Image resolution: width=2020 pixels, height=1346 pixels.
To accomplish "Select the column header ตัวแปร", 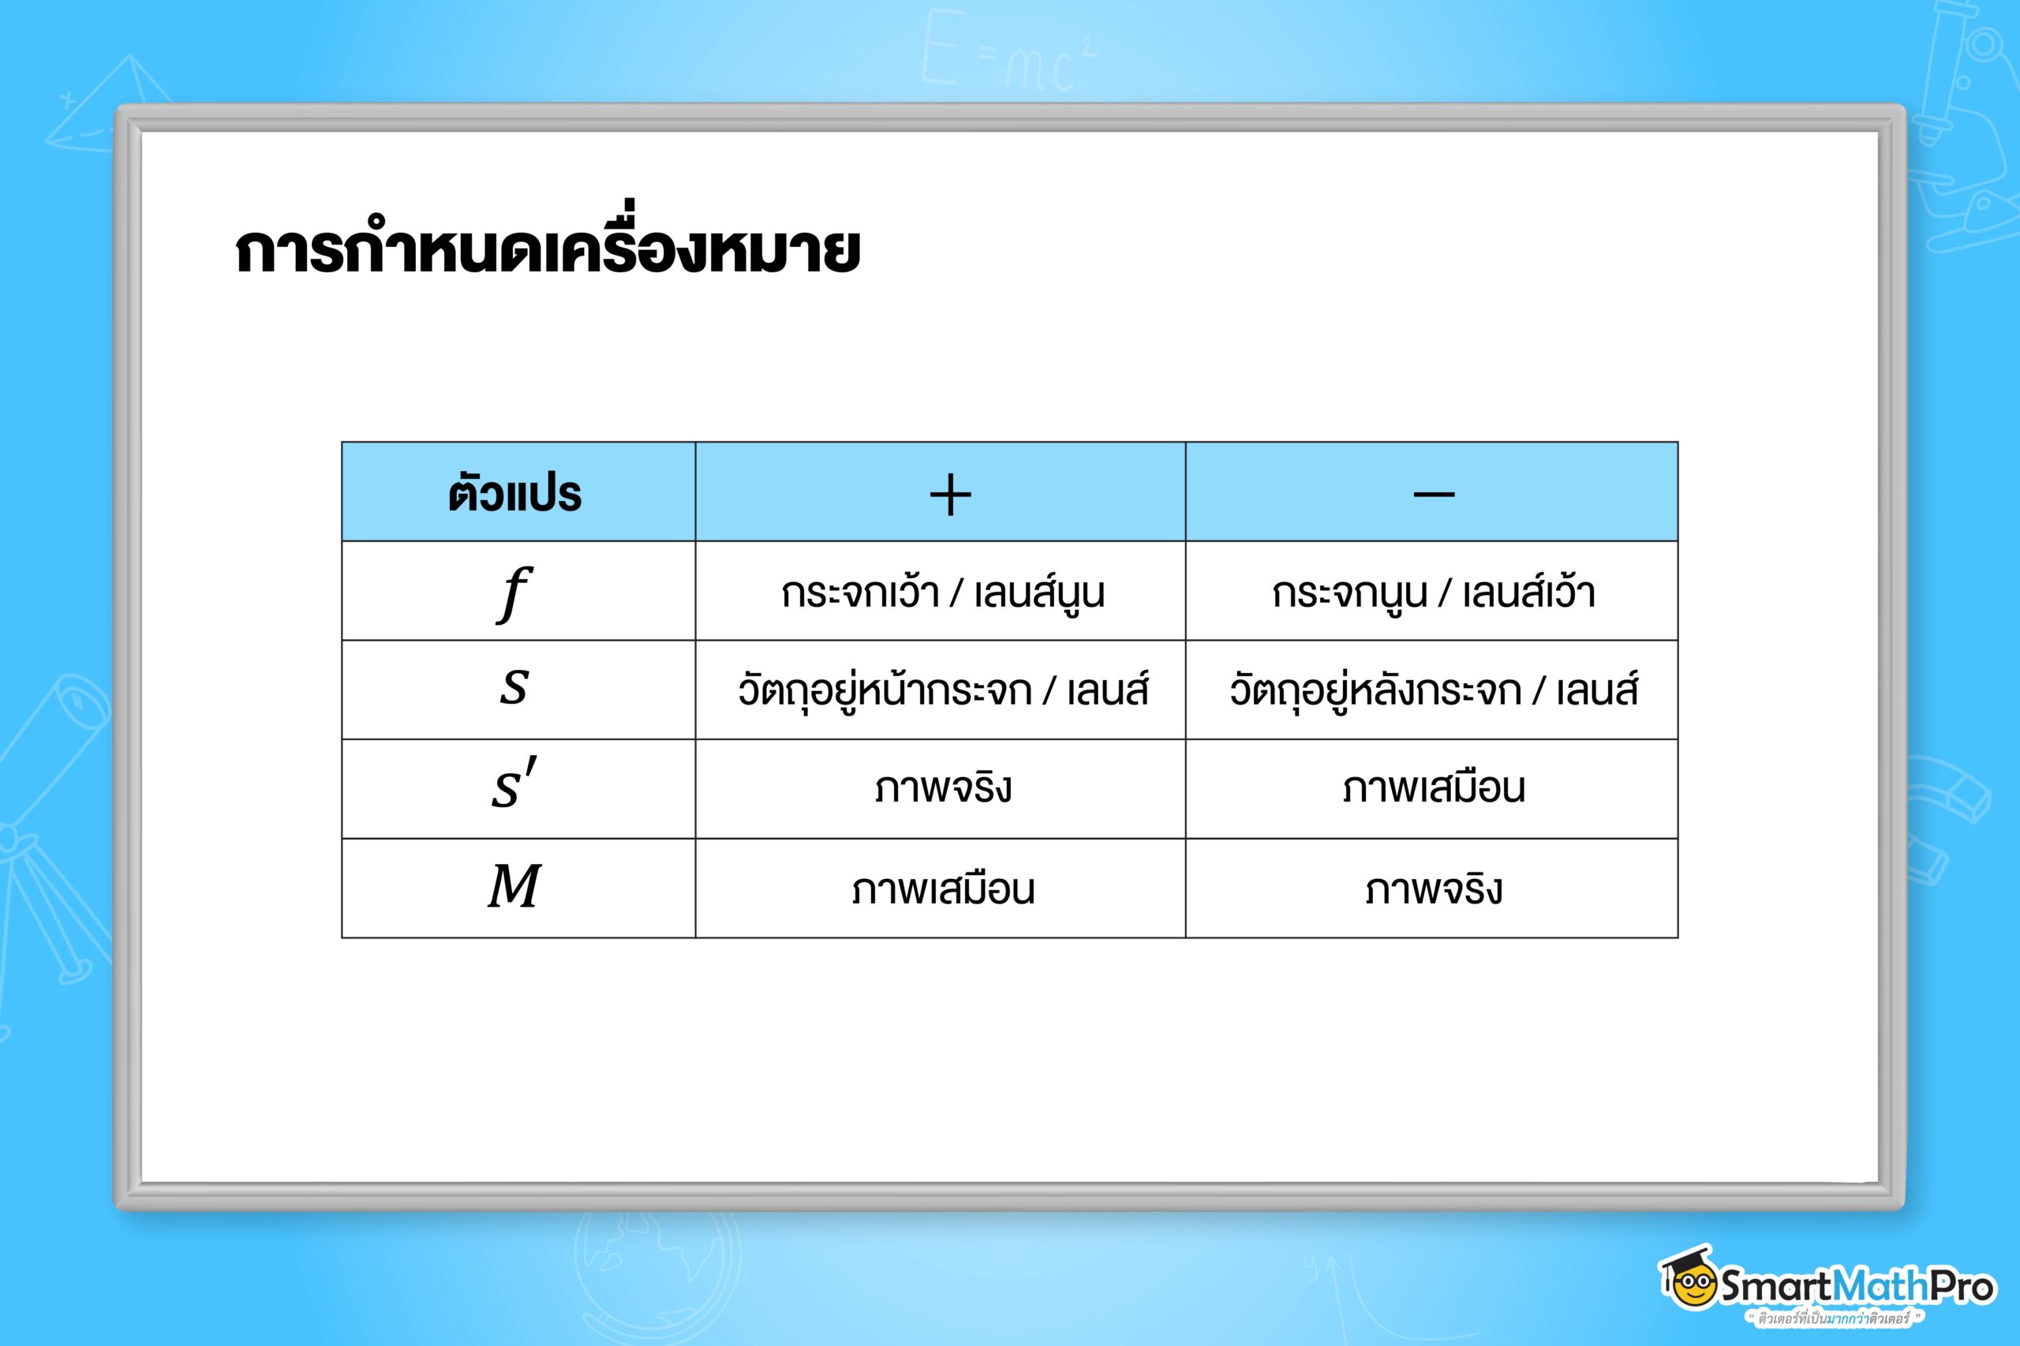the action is click(x=515, y=494).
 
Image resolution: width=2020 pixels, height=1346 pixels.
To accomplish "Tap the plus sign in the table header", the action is click(x=950, y=495).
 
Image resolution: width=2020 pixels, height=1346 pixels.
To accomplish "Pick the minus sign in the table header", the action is click(x=1434, y=494).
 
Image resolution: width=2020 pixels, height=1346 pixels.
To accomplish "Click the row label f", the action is click(x=514, y=593).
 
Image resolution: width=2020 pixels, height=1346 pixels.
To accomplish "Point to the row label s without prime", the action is click(x=514, y=689).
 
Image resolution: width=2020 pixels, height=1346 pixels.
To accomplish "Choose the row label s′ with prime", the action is click(x=514, y=783).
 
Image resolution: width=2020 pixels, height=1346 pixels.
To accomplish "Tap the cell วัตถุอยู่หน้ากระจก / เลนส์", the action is click(x=943, y=690).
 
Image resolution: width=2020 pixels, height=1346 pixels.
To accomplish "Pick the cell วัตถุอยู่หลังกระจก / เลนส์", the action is click(x=1434, y=690).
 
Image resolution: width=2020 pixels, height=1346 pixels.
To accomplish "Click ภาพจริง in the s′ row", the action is click(x=943, y=787).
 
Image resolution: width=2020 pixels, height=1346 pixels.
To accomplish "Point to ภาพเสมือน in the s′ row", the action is click(x=1434, y=787).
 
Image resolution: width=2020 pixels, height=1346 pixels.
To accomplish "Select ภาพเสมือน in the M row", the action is click(x=943, y=888).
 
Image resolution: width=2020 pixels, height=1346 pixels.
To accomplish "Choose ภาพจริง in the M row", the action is click(x=1434, y=888).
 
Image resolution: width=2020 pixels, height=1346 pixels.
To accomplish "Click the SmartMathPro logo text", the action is click(x=1857, y=1285).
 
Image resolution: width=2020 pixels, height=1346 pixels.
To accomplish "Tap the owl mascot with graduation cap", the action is click(x=1688, y=1278).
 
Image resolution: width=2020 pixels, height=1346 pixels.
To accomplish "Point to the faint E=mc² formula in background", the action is click(x=1008, y=50).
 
